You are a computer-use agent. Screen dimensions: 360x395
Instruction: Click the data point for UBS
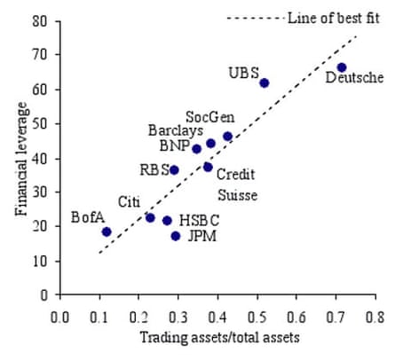click(264, 83)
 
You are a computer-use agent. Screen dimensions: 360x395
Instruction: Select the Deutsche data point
click(342, 67)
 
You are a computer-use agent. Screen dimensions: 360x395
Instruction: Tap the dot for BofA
click(107, 231)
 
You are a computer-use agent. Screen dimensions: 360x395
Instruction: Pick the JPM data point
click(176, 236)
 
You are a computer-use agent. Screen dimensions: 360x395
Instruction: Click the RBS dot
click(174, 169)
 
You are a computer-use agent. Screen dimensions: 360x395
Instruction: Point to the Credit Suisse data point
click(209, 167)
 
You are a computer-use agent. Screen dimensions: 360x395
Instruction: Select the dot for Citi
click(150, 217)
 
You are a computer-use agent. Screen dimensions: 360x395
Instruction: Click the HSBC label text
click(200, 219)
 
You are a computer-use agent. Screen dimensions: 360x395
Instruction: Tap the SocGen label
click(209, 117)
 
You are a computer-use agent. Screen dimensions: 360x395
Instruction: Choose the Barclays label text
click(175, 130)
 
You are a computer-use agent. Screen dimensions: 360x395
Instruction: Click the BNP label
click(173, 145)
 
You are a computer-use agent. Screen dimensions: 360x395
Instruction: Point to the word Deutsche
click(354, 78)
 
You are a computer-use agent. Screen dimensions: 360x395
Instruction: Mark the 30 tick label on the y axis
click(39, 192)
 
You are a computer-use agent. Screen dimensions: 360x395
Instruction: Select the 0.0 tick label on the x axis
click(60, 315)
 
